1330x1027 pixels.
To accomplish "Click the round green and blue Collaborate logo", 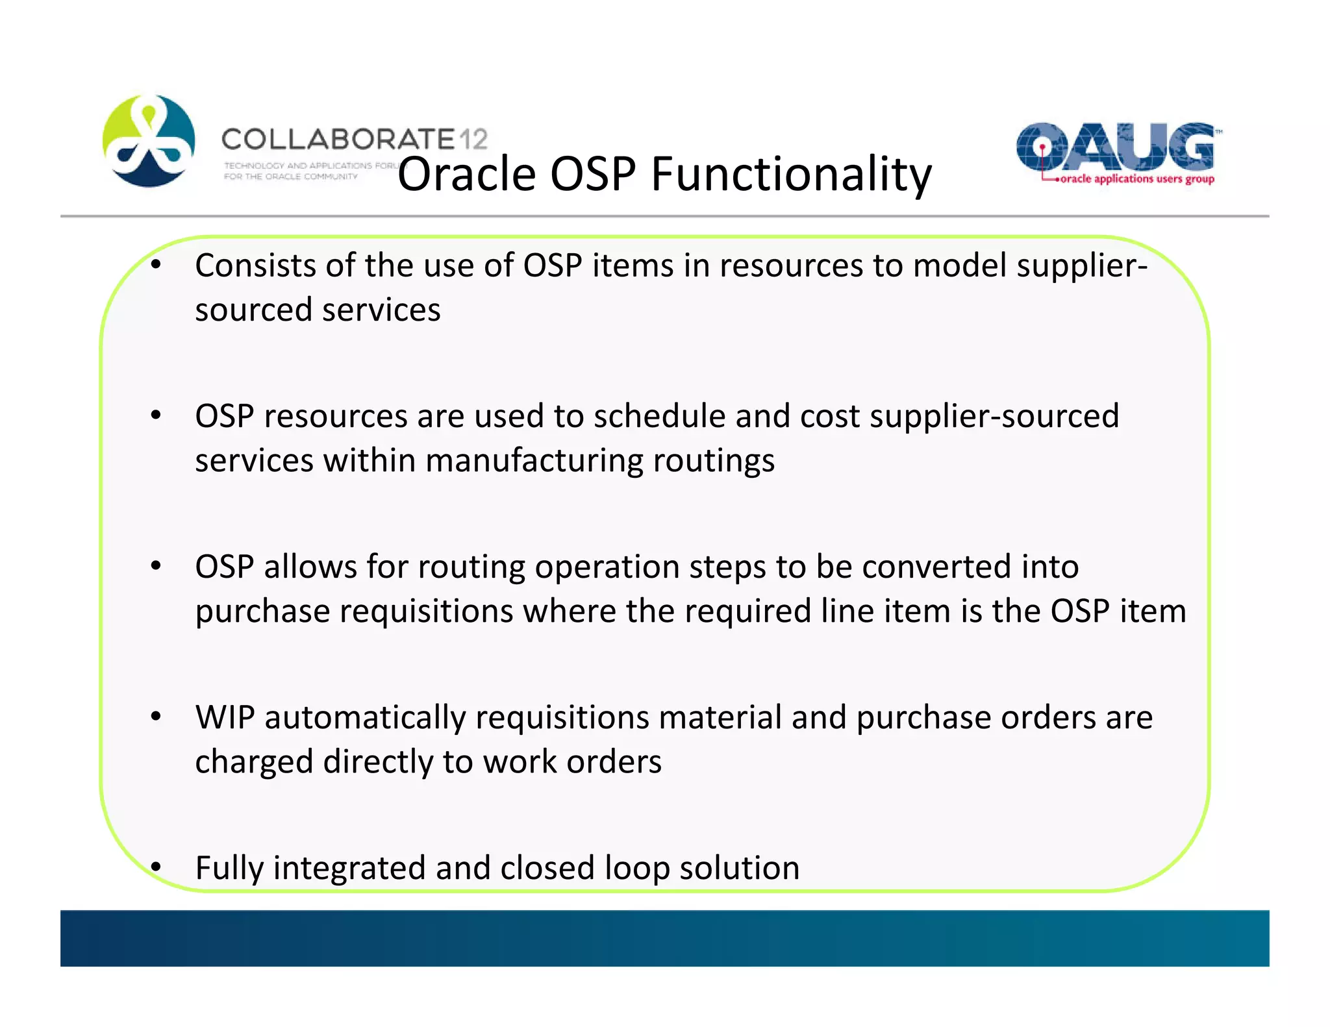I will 149,141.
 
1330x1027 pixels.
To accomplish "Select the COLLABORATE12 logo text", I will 354,140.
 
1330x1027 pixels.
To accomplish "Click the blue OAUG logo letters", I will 1114,146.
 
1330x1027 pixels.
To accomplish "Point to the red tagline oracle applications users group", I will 1136,179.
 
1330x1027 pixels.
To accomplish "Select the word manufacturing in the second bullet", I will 534,460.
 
